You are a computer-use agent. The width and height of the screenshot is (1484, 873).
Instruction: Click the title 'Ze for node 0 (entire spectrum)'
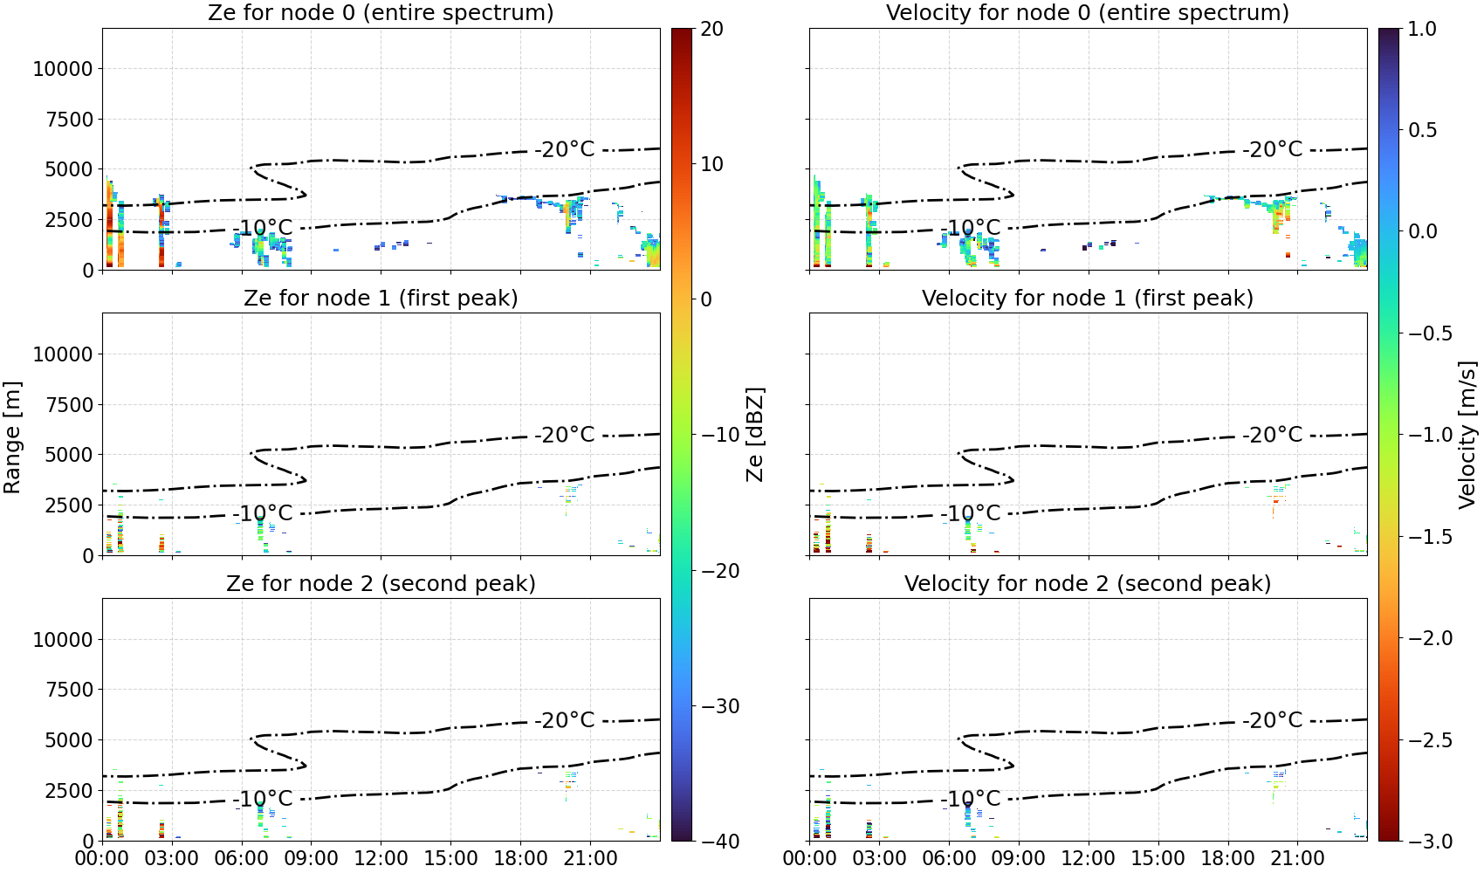381,12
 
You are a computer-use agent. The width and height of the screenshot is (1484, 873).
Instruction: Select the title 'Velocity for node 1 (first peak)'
1088,298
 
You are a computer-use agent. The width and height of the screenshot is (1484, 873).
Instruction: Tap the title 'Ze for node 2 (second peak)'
381,583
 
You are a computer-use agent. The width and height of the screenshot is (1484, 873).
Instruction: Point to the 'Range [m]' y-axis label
12,437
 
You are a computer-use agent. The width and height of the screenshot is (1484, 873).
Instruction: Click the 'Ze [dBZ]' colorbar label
754,435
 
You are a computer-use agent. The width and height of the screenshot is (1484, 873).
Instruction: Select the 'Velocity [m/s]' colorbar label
1467,435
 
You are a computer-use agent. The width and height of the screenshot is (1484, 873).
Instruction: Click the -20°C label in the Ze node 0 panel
565,149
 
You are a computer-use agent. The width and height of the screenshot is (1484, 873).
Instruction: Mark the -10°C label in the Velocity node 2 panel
970,799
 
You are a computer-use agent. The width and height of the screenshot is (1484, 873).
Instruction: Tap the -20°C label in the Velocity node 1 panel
1272,435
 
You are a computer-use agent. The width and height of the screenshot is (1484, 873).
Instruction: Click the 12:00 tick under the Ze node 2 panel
381,859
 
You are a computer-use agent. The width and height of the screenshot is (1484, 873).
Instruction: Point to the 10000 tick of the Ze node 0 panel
63,69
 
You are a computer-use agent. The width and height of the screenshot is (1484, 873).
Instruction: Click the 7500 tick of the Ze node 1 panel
69,405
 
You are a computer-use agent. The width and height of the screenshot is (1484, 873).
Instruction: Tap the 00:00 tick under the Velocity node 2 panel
809,859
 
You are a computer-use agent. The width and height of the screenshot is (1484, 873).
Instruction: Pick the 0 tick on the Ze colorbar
706,299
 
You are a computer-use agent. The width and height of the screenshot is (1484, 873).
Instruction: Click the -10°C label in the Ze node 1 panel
263,513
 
